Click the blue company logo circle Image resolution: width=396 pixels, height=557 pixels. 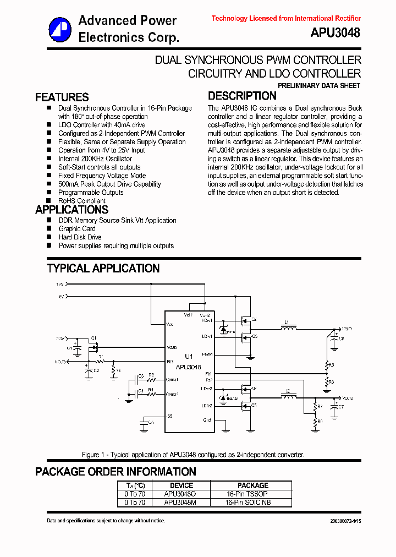(60, 29)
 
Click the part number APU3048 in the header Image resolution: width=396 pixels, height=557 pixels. (335, 33)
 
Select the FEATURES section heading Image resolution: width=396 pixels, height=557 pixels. (62, 97)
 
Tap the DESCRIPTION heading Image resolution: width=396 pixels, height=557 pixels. (242, 96)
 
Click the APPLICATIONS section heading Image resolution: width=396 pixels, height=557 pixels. (71, 210)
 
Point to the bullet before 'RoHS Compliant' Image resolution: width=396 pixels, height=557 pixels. (49, 201)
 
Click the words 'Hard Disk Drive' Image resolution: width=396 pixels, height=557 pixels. (80, 237)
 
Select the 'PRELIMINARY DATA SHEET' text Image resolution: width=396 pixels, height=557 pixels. (319, 86)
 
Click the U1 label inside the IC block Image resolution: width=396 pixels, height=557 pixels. (189, 356)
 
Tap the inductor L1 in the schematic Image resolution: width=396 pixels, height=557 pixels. (288, 328)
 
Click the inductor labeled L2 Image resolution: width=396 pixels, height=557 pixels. (288, 396)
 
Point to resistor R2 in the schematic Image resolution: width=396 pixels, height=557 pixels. (113, 372)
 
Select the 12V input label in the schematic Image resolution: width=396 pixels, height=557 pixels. (59, 284)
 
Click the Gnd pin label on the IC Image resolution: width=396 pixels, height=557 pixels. (207, 420)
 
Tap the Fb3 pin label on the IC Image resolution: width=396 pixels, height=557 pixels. (170, 362)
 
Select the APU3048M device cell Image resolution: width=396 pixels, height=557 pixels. (180, 503)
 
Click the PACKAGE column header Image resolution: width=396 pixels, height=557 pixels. (252, 485)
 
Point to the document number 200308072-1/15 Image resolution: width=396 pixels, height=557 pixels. (345, 521)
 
